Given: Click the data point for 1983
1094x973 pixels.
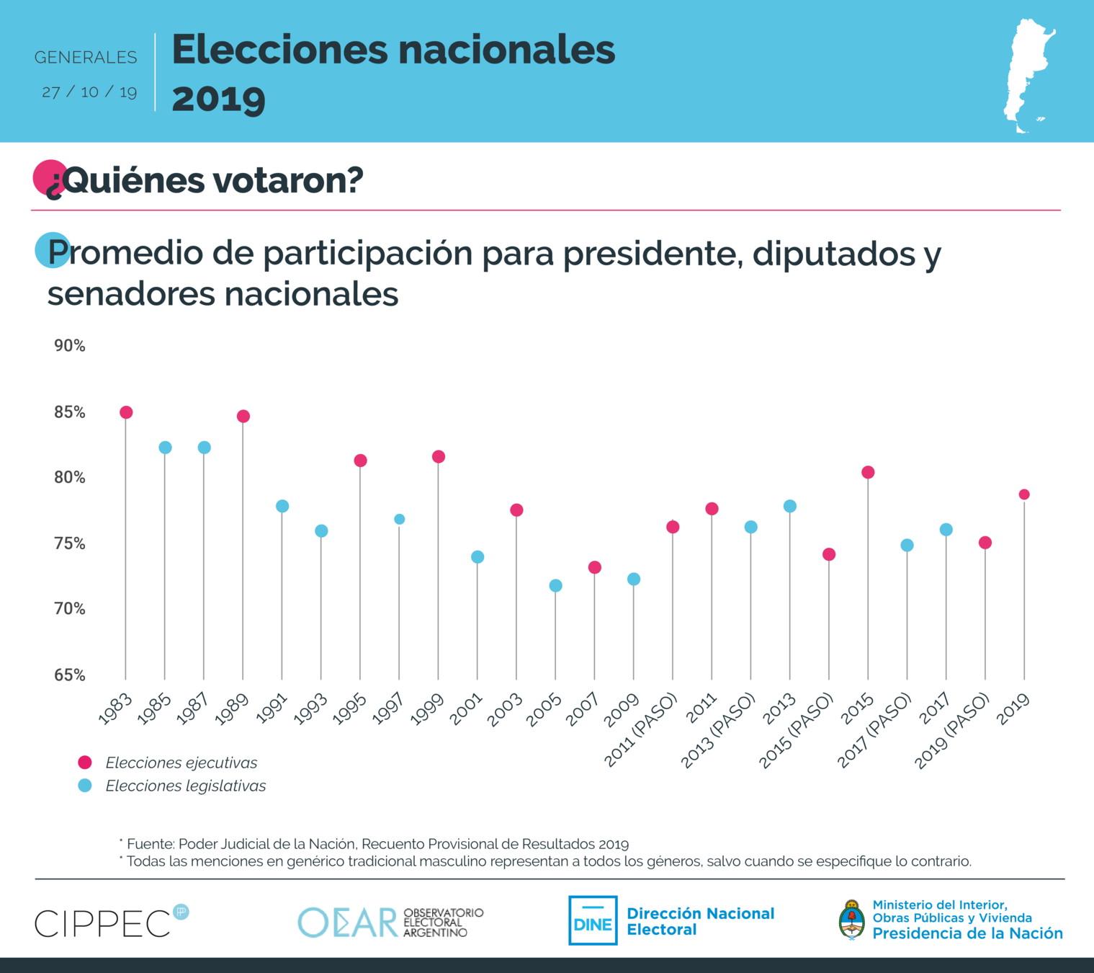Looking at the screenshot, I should (126, 412).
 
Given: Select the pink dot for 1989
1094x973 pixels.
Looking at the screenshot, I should (243, 417).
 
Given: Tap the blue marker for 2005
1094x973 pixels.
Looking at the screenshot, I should (555, 586).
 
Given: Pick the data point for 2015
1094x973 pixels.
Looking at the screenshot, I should (868, 472).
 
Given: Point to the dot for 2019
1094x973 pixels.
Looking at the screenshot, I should (1024, 494).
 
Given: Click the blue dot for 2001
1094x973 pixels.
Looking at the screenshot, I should (477, 557).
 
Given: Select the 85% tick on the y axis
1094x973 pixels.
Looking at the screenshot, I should (70, 412).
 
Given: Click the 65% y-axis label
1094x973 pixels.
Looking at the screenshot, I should (70, 675).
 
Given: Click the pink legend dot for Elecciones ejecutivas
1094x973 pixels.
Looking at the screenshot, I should (85, 763).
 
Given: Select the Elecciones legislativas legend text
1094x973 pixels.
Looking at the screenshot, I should (185, 786).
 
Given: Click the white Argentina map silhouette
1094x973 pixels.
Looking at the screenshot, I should (1028, 75).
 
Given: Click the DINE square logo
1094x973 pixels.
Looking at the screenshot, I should (593, 920).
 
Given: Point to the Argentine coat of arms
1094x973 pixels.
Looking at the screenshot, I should (852, 920).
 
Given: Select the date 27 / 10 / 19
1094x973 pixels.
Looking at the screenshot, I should (89, 92).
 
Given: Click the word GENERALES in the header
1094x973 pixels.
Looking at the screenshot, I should (86, 57).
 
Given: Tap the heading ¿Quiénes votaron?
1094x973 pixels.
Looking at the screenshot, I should (205, 180).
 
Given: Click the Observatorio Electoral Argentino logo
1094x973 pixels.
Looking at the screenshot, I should (390, 922).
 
